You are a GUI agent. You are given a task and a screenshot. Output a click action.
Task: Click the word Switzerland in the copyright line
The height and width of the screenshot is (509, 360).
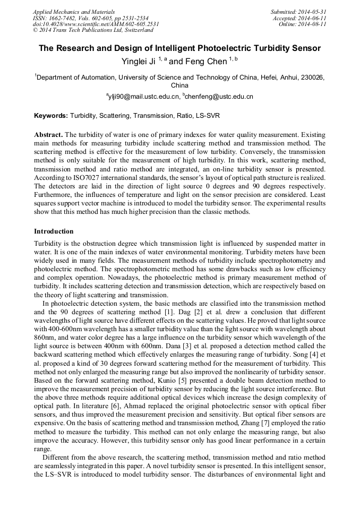coord(135,30)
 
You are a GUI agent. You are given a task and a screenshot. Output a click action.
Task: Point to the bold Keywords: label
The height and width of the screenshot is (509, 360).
coord(51,115)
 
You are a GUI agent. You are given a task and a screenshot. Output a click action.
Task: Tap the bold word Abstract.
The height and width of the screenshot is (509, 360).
coord(48,135)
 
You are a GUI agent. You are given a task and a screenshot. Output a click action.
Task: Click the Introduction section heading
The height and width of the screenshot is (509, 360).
coord(54,231)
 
